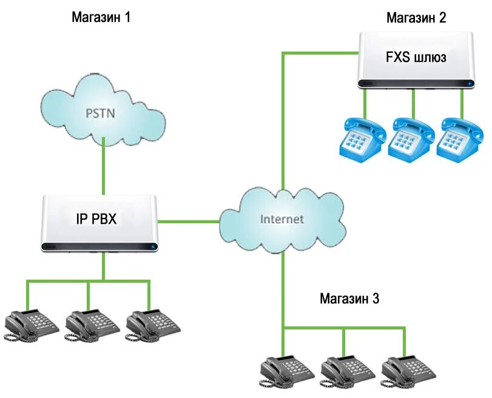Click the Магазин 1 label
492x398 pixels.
pyautogui.click(x=101, y=17)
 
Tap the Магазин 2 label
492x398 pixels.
pyautogui.click(x=416, y=18)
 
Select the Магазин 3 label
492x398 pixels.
pyautogui.click(x=350, y=298)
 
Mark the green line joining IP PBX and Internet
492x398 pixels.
pyautogui.click(x=188, y=221)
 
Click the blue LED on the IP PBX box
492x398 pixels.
pyautogui.click(x=153, y=246)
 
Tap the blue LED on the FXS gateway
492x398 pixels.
pyautogui.click(x=469, y=83)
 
